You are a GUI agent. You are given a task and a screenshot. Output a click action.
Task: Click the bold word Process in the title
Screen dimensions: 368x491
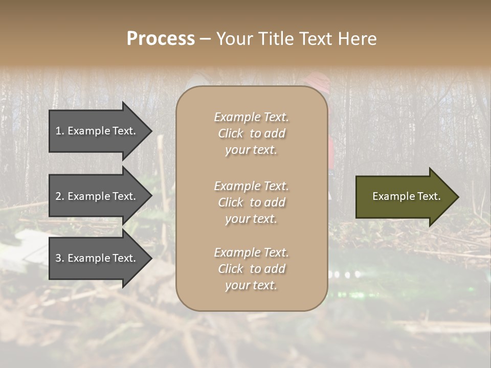click(161, 39)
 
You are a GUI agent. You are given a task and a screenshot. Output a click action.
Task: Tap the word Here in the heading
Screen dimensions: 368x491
click(357, 39)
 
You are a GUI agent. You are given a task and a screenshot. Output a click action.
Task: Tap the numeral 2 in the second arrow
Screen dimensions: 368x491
click(58, 196)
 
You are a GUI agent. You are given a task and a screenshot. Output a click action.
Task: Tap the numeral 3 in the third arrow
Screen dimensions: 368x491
click(58, 258)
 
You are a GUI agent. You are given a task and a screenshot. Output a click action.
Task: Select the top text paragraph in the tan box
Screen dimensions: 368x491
click(251, 133)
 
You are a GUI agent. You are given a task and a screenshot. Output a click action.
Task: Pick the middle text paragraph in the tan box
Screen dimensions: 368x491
click(251, 202)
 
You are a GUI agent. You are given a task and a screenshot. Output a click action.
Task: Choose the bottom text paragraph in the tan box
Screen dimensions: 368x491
click(251, 269)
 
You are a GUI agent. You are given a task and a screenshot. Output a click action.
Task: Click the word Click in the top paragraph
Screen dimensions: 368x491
click(231, 133)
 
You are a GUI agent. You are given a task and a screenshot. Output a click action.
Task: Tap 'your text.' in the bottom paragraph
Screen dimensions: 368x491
click(251, 286)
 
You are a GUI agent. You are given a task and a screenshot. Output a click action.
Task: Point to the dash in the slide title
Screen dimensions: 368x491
click(205, 39)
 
